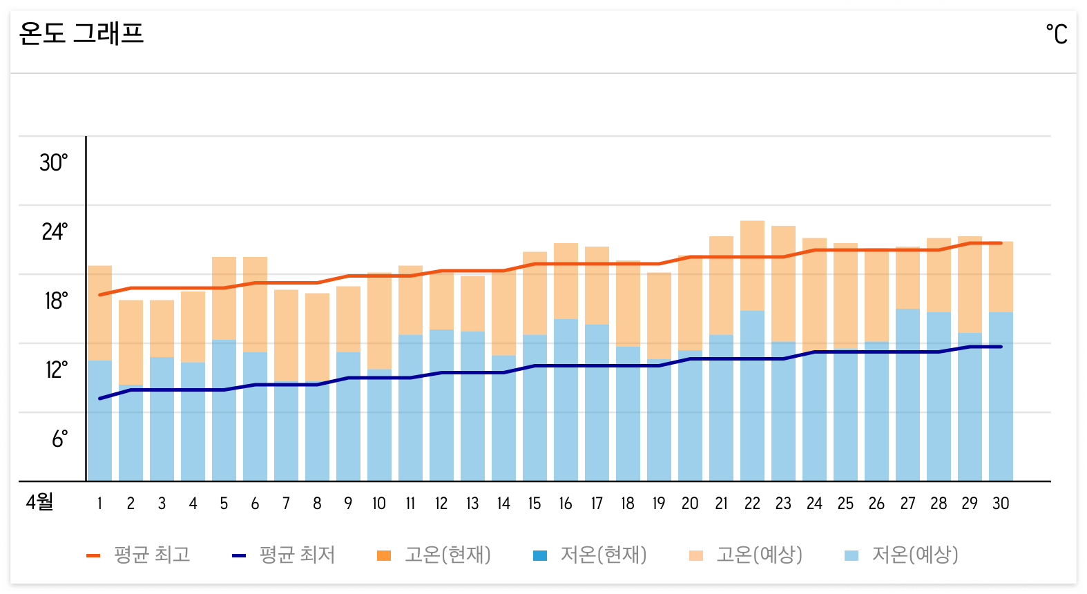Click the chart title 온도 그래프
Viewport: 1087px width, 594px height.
[81, 33]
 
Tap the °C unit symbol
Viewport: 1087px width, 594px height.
[1056, 34]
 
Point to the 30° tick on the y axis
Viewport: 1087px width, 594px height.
[53, 163]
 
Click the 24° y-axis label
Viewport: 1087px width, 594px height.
[54, 232]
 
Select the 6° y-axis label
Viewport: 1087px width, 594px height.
[59, 439]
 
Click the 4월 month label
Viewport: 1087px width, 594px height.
[39, 502]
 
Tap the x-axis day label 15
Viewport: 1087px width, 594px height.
[535, 504]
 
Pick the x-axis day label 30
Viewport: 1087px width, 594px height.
[1001, 504]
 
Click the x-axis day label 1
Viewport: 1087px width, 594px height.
[99, 504]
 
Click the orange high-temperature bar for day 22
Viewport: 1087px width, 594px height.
[752, 266]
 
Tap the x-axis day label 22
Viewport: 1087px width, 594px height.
[752, 504]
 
